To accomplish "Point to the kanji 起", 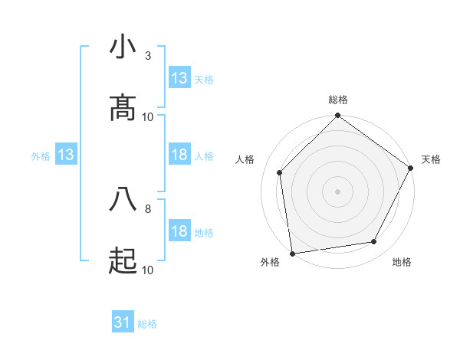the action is click(123, 261).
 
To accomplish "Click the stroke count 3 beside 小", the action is click(148, 55).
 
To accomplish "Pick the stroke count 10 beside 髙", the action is click(148, 116).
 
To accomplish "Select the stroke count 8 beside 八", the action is click(148, 208).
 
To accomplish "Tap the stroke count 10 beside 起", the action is click(148, 270).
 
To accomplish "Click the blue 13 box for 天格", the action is click(179, 78).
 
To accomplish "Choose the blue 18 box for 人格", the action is click(179, 155).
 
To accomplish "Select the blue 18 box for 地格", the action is click(179, 232).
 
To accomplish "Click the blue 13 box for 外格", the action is click(66, 155).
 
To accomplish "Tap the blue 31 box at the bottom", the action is click(123, 323).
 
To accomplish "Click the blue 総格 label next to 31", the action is click(147, 324).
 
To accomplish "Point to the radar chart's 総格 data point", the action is click(337, 116).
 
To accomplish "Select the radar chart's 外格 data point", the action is click(292, 253).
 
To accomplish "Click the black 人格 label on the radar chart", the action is click(245, 159).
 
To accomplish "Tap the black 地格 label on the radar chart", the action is click(402, 263).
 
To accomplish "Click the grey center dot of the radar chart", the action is click(337, 191).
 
